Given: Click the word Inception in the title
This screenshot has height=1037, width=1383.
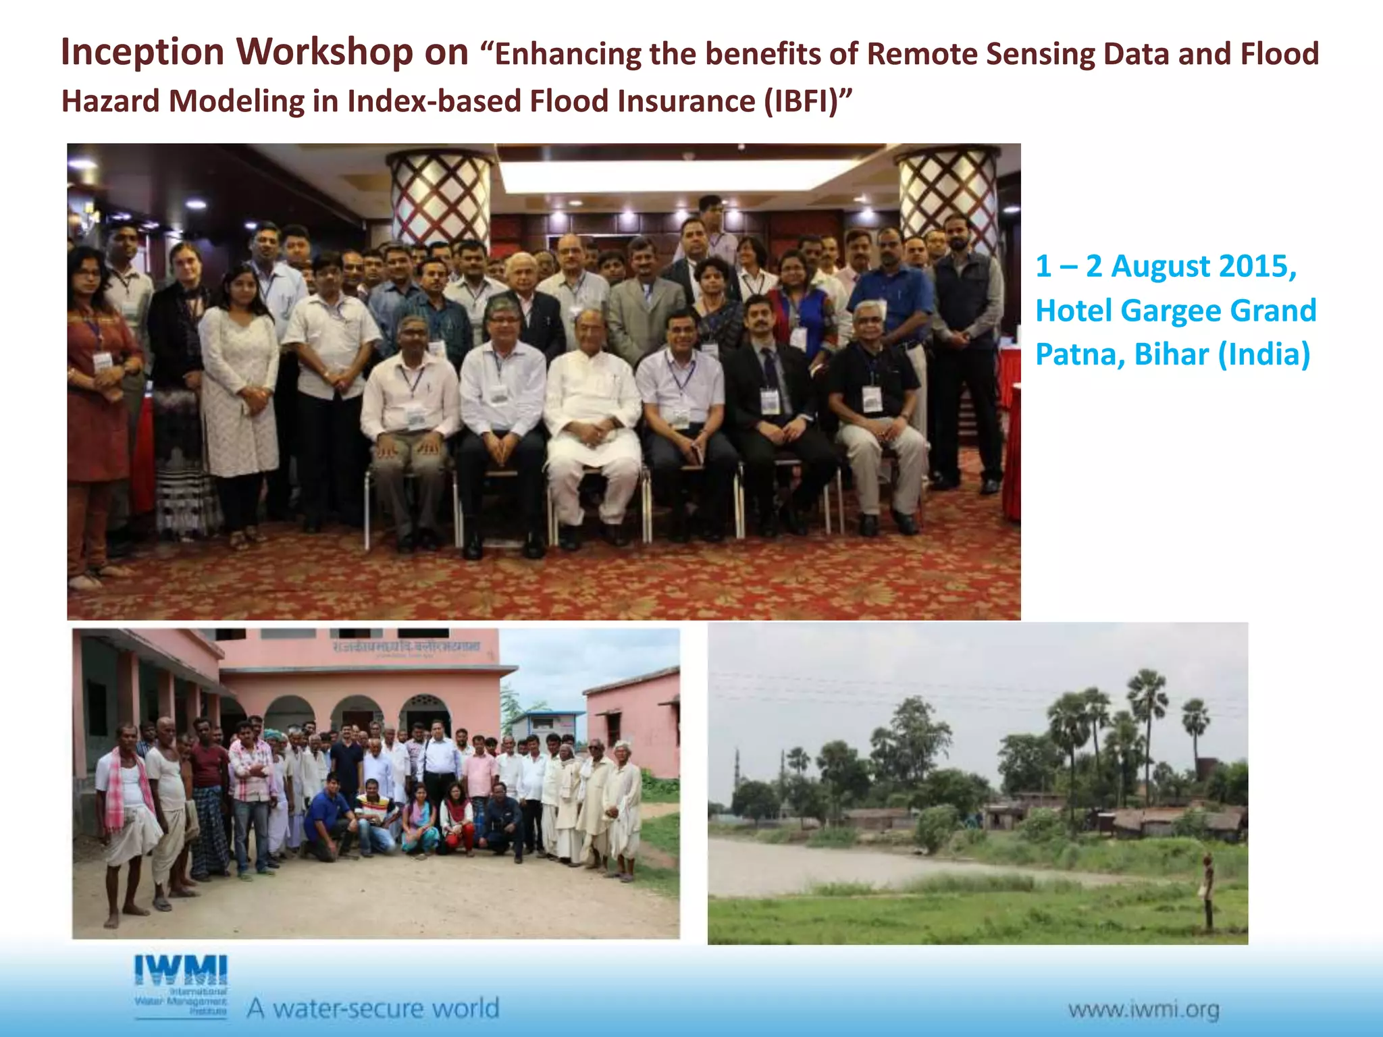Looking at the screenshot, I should (142, 53).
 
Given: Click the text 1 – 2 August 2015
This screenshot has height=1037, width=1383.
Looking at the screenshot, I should (1166, 266).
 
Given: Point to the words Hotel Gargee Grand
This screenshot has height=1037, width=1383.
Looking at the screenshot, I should (1175, 311).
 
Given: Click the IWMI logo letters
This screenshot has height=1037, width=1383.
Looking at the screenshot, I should (181, 970).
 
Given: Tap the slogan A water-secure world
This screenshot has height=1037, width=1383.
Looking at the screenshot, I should (373, 1008).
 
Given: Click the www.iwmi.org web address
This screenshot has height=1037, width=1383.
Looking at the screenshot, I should (1143, 1010).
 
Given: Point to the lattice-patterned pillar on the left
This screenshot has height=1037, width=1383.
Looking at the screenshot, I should (440, 196).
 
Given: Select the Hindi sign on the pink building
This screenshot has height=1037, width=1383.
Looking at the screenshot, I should (406, 647).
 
